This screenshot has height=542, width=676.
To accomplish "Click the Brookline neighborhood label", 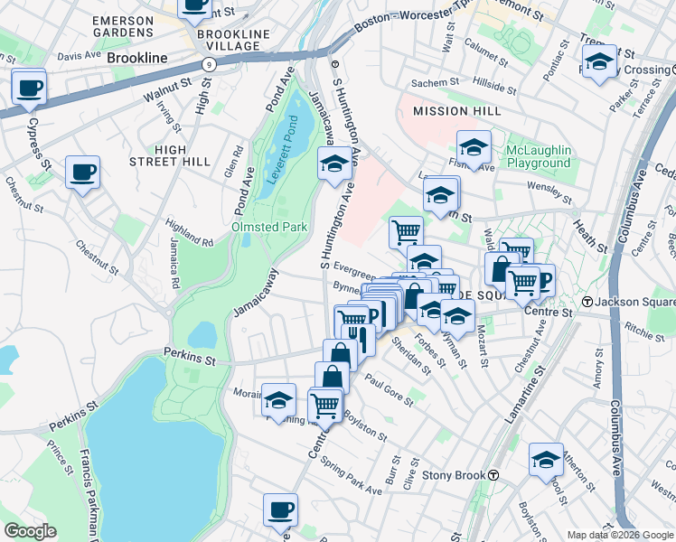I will (x=137, y=58).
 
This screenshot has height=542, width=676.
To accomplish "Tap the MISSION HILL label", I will (x=444, y=111).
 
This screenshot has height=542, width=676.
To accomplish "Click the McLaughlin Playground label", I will (x=539, y=156).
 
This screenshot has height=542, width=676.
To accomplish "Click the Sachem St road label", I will (x=430, y=83).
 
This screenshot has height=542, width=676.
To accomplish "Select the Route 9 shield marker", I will (x=210, y=64).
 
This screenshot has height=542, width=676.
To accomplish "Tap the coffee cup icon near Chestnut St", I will (x=83, y=173).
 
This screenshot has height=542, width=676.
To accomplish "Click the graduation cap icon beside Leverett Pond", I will (x=334, y=164).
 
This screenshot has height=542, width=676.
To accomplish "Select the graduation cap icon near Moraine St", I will (x=278, y=400).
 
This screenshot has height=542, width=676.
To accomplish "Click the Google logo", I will (x=29, y=531).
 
